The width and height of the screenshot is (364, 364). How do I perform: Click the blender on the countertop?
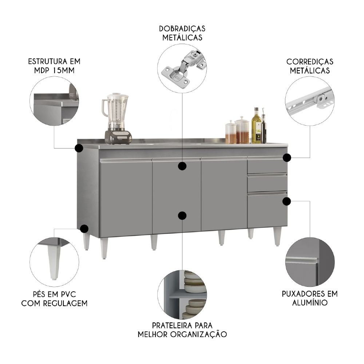116,118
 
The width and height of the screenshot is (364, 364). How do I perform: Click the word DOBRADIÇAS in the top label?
182,28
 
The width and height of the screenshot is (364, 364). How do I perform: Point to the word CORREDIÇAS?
309,62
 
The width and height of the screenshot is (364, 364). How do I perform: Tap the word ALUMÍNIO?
310,302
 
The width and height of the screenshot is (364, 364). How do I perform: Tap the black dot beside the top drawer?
287,158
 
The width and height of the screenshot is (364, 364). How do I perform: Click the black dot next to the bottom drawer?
287,201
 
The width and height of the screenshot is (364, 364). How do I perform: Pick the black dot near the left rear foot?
84,229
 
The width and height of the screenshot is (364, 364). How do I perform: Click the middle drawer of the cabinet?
267,183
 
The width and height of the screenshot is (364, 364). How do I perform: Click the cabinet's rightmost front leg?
277,236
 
